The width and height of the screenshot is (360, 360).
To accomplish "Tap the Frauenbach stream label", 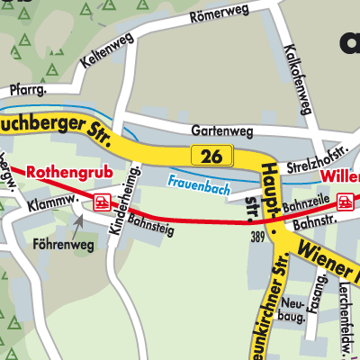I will [x=198, y=185].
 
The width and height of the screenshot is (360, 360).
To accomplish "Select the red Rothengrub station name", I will [x=59, y=171].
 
